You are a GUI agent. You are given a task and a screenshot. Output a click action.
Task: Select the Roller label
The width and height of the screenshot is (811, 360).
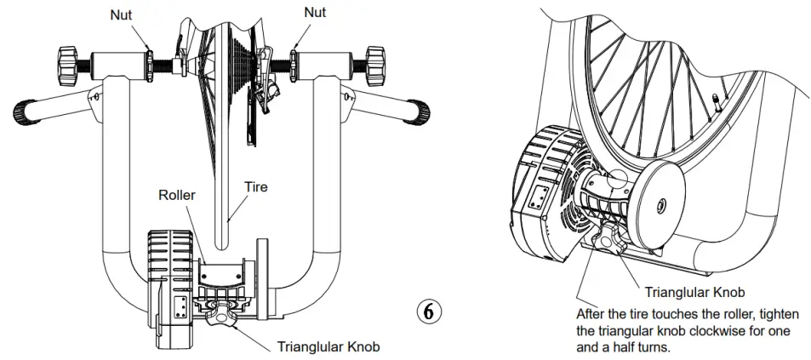coord(178,194)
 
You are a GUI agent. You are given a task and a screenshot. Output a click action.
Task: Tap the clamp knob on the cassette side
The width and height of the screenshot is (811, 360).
coord(375,62)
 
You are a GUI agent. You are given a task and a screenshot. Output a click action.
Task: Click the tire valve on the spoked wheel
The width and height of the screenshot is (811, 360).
coord(714,106)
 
